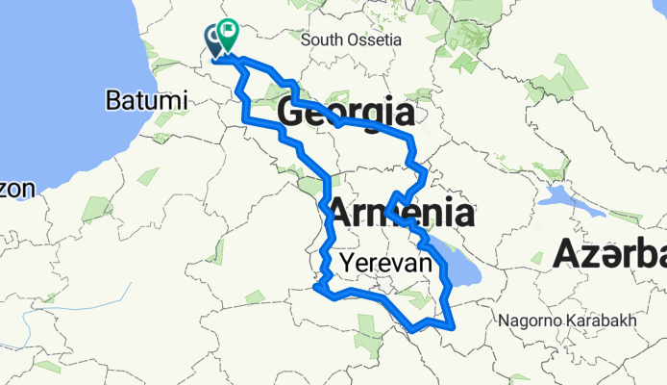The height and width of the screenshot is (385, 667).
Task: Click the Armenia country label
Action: [x=402, y=214]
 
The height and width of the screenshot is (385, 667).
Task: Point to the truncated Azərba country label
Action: [x=609, y=255]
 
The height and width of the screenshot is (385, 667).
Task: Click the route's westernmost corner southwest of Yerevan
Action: [x=315, y=286]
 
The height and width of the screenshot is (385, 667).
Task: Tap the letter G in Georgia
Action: [x=290, y=114]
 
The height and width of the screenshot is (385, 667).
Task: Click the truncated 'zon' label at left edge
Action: [x=17, y=189]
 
